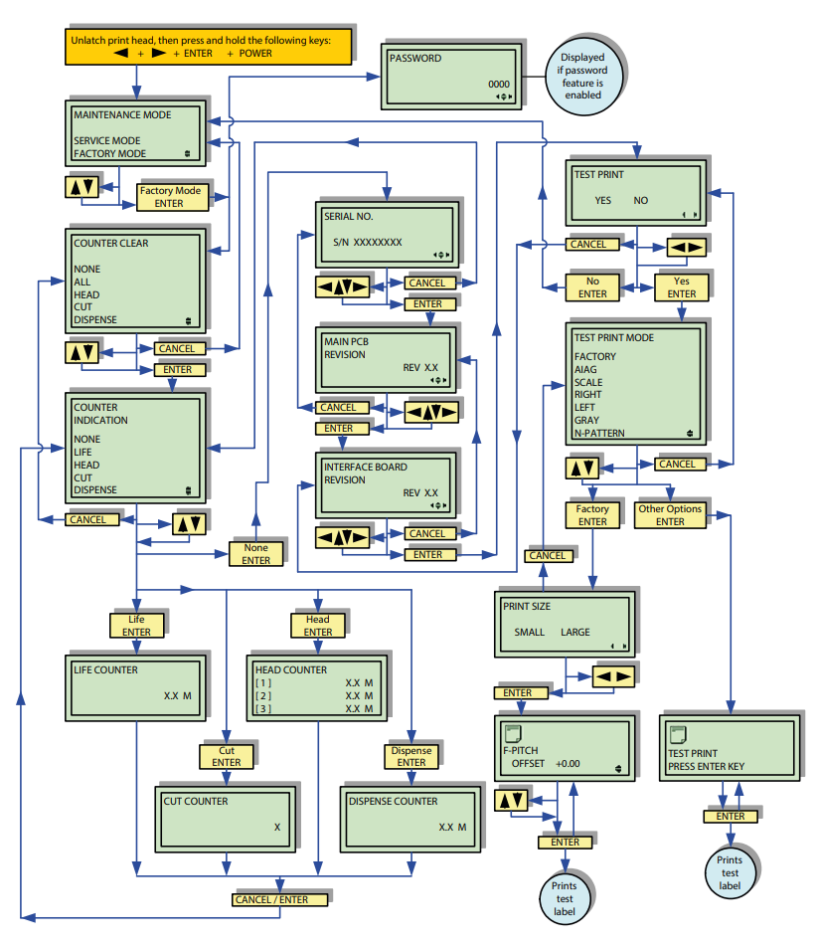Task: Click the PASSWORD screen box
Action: tap(452, 76)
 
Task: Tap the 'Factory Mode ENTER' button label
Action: tap(170, 197)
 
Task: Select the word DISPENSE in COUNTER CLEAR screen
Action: tap(95, 320)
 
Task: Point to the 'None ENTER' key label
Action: tap(255, 553)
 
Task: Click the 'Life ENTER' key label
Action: tap(136, 626)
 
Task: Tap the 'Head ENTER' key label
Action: tap(318, 626)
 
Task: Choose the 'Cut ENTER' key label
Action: tap(226, 756)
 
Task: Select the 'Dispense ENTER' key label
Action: tap(410, 756)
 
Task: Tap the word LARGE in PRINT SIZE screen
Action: tap(574, 632)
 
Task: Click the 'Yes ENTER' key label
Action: tap(682, 287)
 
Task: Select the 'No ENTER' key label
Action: tap(592, 287)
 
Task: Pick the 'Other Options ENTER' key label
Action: tap(670, 514)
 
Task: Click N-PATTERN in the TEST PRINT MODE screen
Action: tap(601, 434)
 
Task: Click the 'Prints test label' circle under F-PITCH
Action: tap(564, 893)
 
